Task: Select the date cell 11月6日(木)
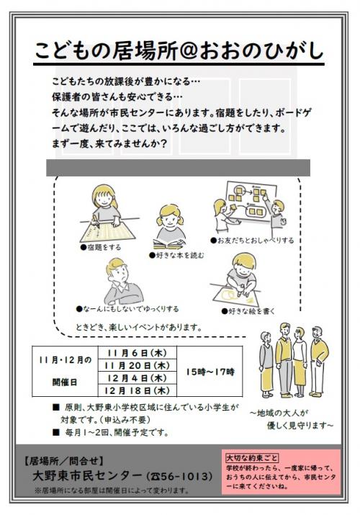tap(137, 353)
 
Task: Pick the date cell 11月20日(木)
tap(137, 365)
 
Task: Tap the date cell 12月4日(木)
tap(137, 378)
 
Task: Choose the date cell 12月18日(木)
tap(137, 390)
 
